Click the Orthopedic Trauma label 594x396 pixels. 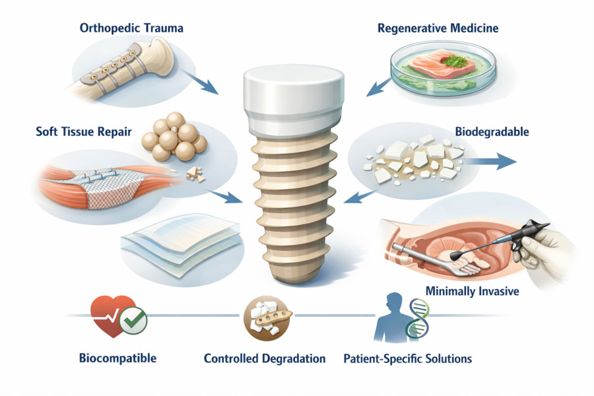(131, 28)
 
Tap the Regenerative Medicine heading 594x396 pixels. (438, 28)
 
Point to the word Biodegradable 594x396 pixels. (492, 131)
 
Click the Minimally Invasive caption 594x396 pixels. (472, 290)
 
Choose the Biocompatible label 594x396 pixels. (117, 358)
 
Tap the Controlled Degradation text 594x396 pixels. (265, 359)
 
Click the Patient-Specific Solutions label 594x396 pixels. (408, 359)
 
